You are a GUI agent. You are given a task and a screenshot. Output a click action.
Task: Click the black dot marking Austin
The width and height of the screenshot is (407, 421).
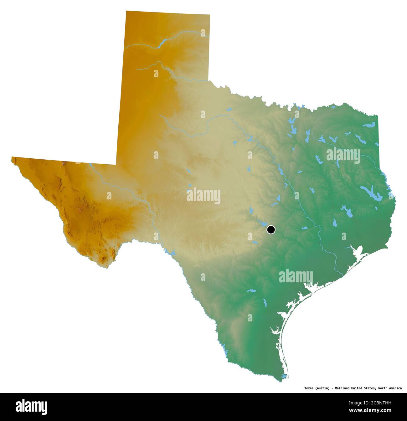pos(271,230)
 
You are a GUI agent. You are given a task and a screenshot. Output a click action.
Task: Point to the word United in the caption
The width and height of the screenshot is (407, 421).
pos(359,388)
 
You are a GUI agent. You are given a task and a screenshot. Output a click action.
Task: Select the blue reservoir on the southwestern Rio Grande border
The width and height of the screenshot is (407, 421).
pos(171,252)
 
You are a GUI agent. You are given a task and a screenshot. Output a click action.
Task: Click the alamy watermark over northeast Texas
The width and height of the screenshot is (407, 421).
pos(343,155)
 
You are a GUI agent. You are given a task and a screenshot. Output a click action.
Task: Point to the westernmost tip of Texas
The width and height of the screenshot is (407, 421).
pos(12,158)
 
